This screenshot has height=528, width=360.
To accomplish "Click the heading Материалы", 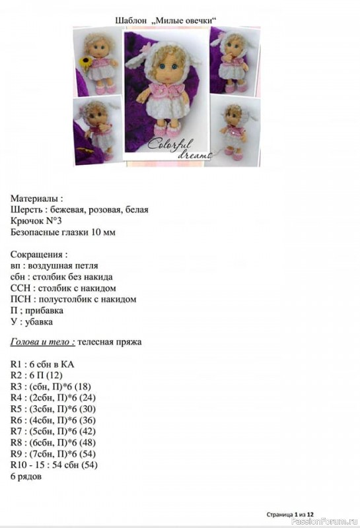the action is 37,198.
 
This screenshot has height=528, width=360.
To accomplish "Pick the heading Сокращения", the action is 39,254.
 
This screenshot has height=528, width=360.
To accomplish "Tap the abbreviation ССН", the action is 20,288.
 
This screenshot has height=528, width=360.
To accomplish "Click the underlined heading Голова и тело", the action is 41,342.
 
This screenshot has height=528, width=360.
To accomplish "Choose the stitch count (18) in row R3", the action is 83,386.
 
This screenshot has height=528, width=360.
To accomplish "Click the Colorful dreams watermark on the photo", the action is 178,148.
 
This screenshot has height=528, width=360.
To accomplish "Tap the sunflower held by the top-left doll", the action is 85,61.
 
